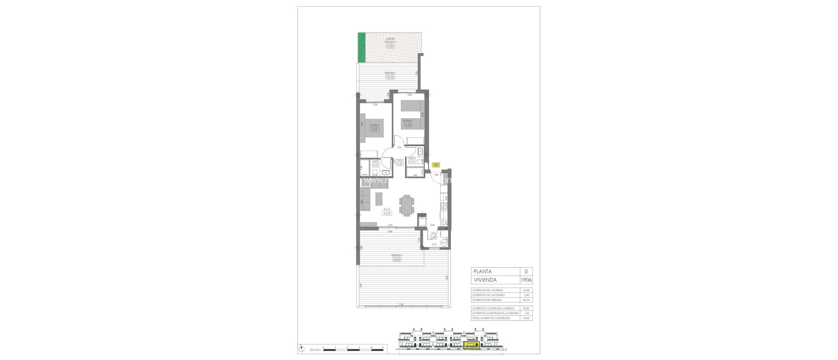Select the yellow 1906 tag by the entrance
pyautogui.click(x=436, y=164)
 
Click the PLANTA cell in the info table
pyautogui.click(x=495, y=271)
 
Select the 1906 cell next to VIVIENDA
pyautogui.click(x=526, y=280)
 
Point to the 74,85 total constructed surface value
pyautogui.click(x=526, y=318)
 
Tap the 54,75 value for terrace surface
pyautogui.click(x=526, y=300)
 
